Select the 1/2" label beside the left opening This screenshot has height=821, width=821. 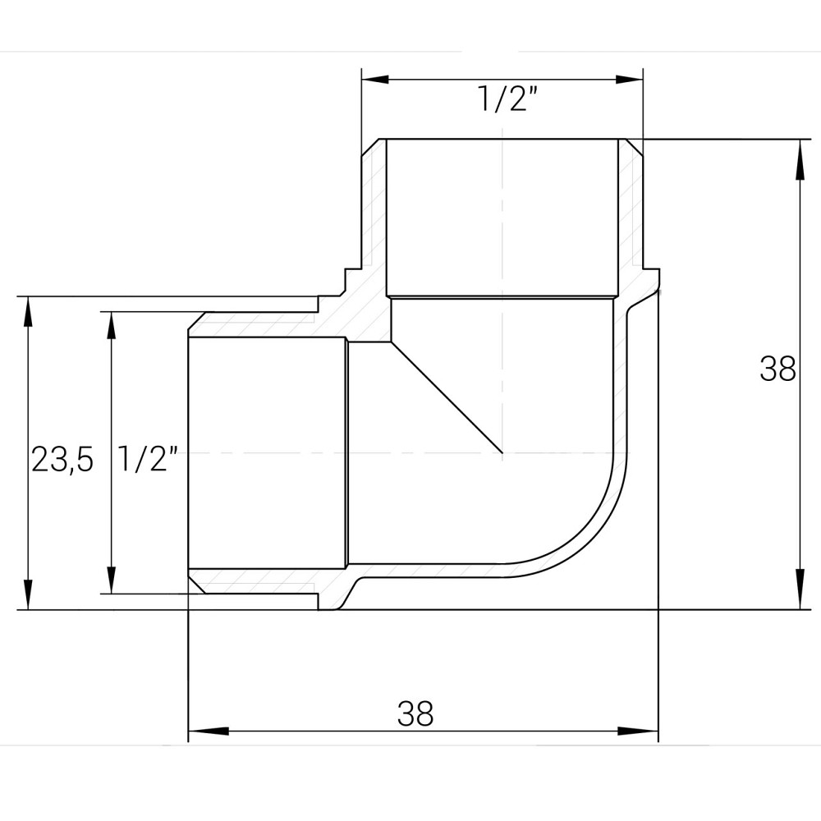(x=148, y=459)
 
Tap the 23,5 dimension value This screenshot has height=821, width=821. (x=62, y=460)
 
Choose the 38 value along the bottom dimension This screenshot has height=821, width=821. (x=415, y=713)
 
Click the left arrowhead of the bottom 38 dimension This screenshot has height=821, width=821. (x=202, y=731)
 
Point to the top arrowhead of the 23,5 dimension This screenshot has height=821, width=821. (x=29, y=310)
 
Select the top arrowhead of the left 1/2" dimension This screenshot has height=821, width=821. (x=109, y=324)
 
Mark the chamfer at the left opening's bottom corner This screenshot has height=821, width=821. (x=197, y=584)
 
